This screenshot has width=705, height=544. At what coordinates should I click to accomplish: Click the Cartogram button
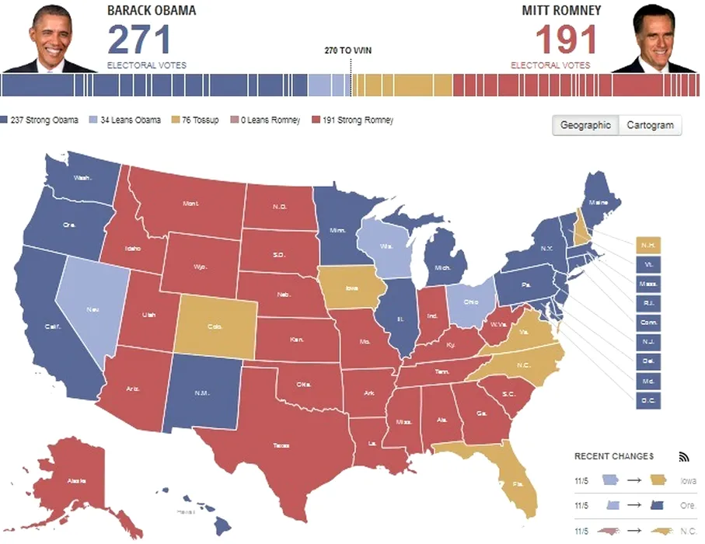(650, 125)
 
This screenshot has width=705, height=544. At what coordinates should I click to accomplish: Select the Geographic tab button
(585, 125)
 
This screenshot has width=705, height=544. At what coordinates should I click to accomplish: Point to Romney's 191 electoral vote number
(566, 39)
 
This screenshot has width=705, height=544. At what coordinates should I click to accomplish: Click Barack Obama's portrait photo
(51, 37)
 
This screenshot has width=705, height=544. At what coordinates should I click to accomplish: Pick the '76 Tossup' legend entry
(195, 120)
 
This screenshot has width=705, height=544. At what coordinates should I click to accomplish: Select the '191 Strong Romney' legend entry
(352, 120)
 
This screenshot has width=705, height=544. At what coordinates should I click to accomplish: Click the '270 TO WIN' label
(348, 51)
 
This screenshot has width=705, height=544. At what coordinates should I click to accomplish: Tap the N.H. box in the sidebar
(647, 245)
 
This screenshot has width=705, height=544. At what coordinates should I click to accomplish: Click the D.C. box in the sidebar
(647, 401)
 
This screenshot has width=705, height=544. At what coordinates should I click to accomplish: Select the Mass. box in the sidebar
(647, 284)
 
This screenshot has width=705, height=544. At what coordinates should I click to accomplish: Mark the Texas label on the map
(281, 445)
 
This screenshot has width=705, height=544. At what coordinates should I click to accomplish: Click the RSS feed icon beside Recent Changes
(684, 456)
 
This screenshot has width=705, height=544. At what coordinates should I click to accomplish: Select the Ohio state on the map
(471, 302)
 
